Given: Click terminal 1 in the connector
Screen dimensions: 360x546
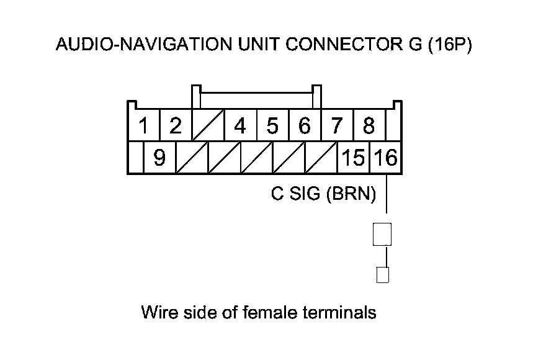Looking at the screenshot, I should click(144, 127).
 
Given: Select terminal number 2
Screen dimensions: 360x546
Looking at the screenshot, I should click(176, 127).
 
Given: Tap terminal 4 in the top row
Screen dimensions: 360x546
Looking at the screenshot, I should click(240, 127).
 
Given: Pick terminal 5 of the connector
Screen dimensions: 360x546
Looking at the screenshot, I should click(272, 127).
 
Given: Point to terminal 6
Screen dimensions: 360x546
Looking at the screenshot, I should click(305, 127).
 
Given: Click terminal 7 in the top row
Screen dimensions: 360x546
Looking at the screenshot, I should click(337, 127).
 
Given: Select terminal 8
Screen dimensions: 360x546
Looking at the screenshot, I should click(369, 127).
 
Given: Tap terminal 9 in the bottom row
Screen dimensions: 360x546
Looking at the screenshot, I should click(159, 159).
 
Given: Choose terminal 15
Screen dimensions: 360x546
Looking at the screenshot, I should click(353, 159).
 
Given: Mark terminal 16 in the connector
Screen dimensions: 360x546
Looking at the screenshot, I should click(385, 159).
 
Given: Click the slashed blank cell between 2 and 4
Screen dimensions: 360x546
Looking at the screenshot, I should click(208, 127).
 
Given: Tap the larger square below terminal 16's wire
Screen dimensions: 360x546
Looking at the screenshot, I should click(382, 234).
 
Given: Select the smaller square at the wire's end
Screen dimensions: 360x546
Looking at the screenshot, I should click(383, 275).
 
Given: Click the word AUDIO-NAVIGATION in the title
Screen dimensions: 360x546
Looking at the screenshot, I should click(131, 45).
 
